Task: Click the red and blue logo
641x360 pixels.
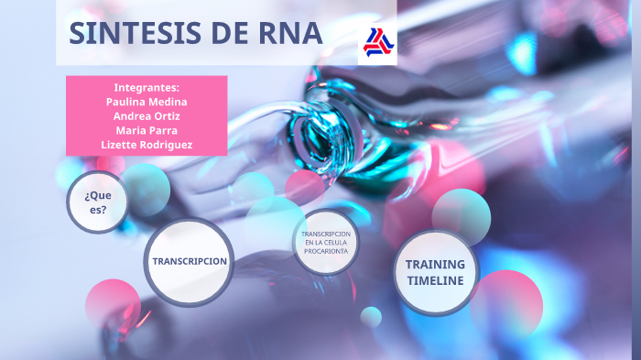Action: pos(376,41)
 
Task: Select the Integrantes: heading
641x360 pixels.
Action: pos(147,87)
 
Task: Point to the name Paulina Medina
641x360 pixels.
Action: pos(147,102)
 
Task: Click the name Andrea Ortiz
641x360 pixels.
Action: pos(147,116)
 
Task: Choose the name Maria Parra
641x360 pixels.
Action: pos(147,131)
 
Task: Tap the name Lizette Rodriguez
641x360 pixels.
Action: pos(147,146)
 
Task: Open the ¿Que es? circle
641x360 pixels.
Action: pos(97,202)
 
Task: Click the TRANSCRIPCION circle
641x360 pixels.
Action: pos(190,261)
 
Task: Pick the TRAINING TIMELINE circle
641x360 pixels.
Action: pos(436,272)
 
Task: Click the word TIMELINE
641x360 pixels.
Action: pos(436,280)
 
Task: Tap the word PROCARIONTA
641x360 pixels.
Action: pos(326,250)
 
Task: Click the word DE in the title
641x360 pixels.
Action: pos(227,33)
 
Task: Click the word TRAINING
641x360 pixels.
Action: pos(436,264)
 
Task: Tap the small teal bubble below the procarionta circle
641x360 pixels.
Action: pos(371,317)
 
